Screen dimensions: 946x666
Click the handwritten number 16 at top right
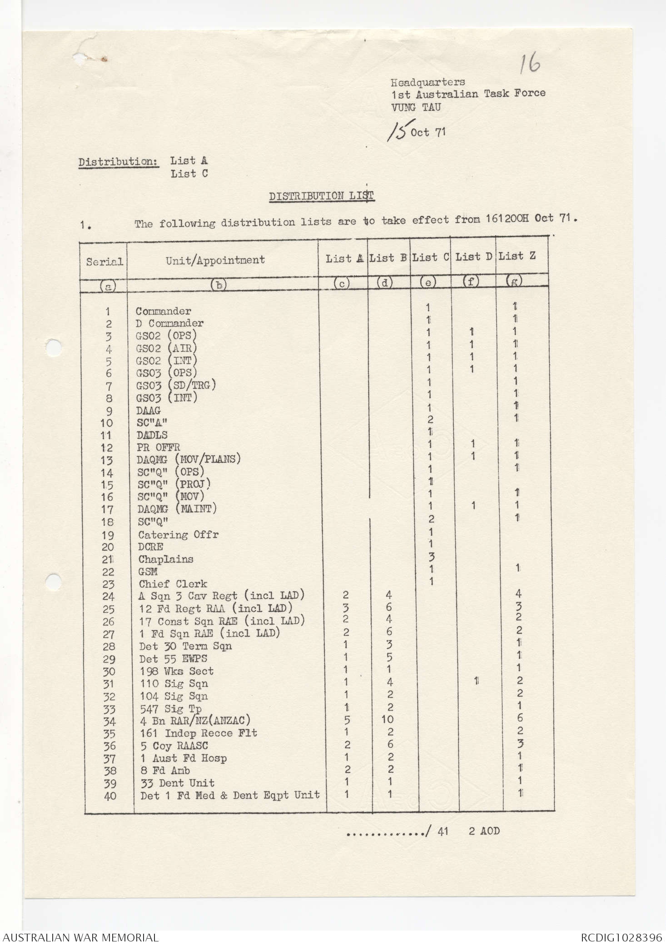tap(530, 63)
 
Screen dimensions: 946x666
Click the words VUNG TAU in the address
tap(416, 107)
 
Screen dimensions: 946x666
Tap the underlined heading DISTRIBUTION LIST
tap(321, 196)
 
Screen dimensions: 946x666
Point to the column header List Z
tap(517, 256)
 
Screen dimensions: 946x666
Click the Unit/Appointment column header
tap(215, 260)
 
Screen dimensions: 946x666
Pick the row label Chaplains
tap(166, 559)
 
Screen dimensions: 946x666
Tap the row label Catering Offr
tap(178, 535)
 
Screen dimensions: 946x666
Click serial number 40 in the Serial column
tap(110, 796)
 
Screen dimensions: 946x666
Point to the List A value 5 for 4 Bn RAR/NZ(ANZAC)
tap(347, 720)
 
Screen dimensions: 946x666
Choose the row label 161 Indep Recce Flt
tap(199, 733)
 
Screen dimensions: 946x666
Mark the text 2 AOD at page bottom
tap(484, 831)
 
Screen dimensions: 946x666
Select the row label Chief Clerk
tap(173, 584)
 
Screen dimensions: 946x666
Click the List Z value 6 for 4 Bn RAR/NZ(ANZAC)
tap(520, 718)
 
